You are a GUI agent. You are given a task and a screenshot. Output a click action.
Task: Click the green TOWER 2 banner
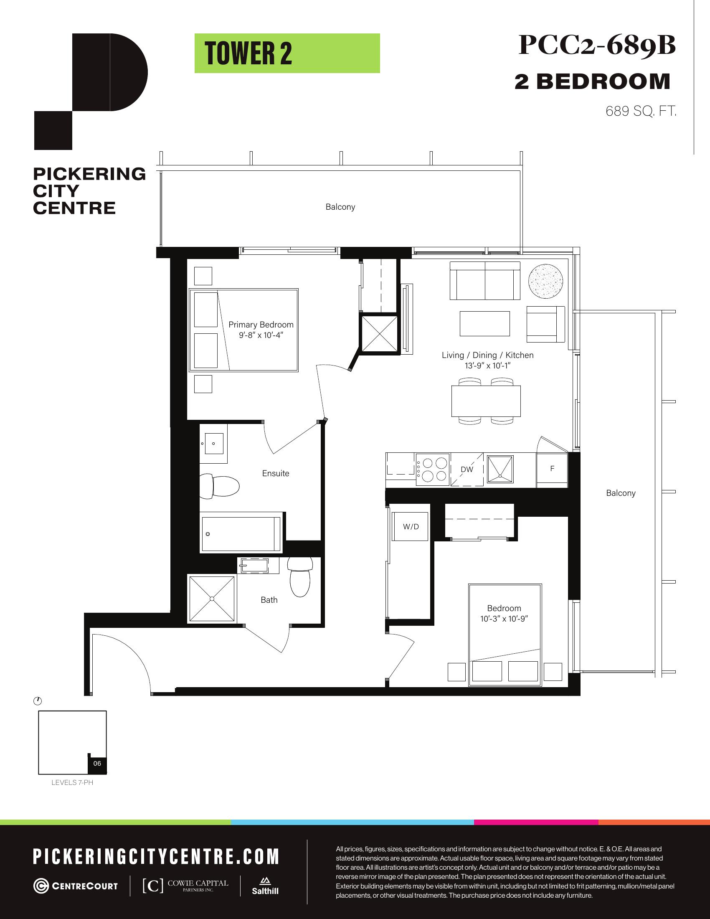click(287, 53)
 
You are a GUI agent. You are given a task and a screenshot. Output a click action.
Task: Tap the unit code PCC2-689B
click(597, 45)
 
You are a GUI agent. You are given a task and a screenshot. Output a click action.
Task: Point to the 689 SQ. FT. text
click(641, 111)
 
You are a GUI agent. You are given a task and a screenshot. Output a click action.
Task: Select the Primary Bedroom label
click(261, 325)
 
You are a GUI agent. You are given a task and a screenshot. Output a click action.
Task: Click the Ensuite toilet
click(219, 485)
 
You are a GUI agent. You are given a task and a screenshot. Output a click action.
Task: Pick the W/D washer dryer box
click(411, 526)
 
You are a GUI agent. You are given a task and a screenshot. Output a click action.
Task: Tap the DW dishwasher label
click(467, 470)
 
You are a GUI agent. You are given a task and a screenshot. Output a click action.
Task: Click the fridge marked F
click(552, 470)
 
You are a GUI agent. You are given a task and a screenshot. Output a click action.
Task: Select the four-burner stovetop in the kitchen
click(432, 470)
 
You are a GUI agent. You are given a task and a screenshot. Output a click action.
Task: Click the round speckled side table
click(545, 281)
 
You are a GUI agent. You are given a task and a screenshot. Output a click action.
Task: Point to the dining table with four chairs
click(486, 401)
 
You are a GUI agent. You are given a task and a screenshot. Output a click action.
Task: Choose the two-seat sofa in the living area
click(485, 281)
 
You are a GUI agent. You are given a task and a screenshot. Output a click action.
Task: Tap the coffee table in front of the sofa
click(484, 324)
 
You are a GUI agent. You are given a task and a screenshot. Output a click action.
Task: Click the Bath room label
click(269, 600)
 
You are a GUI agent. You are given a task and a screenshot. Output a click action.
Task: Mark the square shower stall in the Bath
click(212, 598)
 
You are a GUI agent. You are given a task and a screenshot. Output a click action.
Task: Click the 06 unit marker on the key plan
click(97, 763)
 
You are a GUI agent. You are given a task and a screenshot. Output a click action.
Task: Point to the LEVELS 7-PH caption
click(72, 783)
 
